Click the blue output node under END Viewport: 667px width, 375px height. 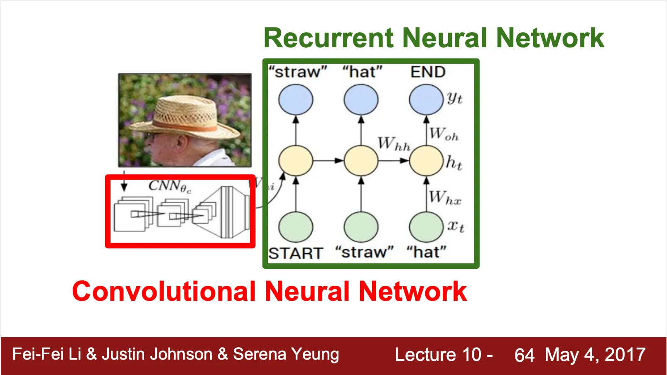coord(426,100)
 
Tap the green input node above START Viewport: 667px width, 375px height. coord(296,227)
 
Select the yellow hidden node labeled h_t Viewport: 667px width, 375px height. coord(426,161)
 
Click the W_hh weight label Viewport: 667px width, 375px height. coord(394,144)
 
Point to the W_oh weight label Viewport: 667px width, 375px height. coord(444,134)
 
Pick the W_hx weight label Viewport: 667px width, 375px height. coord(444,197)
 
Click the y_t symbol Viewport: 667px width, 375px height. coord(455,98)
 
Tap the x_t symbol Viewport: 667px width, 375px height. coord(456,226)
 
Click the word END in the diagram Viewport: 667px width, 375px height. coord(428,72)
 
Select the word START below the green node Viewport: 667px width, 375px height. coord(295,253)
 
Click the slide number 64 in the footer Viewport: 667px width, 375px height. coord(524,355)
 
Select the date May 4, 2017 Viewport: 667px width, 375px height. coord(595,355)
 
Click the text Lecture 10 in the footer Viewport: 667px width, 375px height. coord(438,355)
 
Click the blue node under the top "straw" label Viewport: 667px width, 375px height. coord(296,100)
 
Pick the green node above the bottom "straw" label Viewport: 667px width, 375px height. coord(361,227)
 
